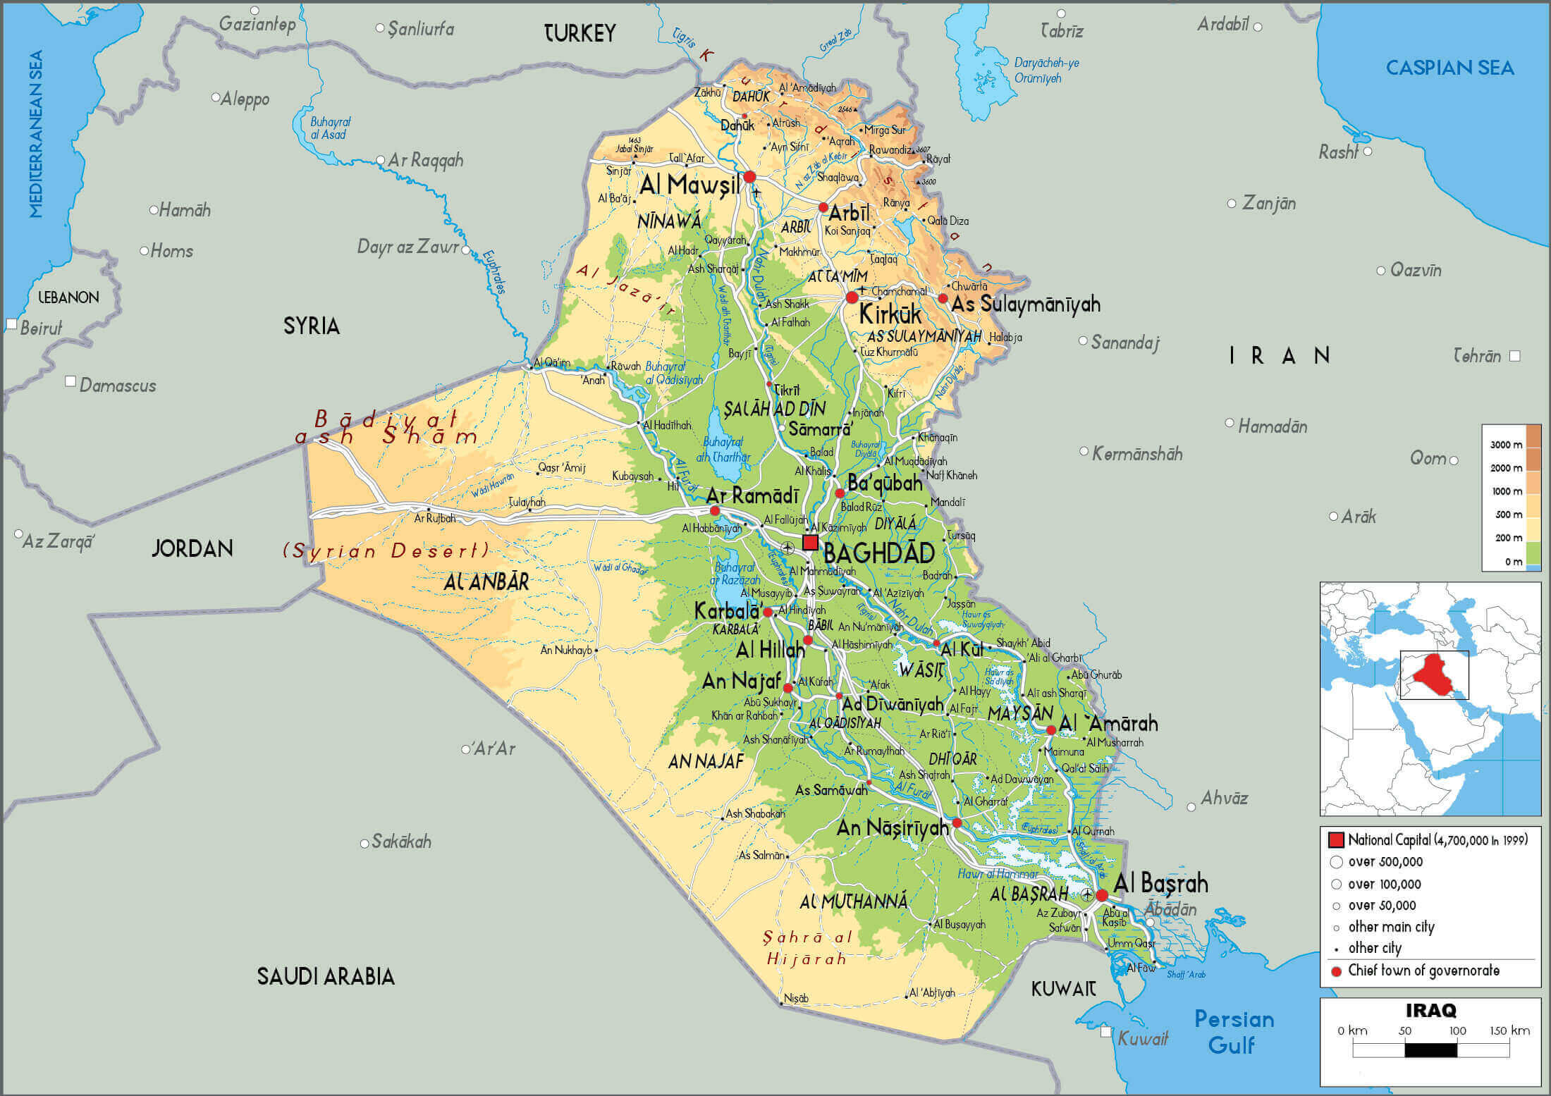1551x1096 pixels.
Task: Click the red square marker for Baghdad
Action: [x=810, y=542]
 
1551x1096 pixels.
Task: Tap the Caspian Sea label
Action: [x=1449, y=68]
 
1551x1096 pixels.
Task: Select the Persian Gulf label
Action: [x=1234, y=1031]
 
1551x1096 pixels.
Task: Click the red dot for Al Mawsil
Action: [x=749, y=176]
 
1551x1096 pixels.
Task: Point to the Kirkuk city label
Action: [x=890, y=314]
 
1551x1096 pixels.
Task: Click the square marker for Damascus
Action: [x=70, y=381]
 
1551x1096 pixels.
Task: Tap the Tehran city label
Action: [x=1477, y=356]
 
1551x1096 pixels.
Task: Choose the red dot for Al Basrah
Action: [x=1102, y=895]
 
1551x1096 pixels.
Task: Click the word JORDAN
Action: [x=192, y=548]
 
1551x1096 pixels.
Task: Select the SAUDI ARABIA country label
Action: [x=325, y=976]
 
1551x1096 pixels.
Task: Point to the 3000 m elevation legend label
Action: [x=1506, y=445]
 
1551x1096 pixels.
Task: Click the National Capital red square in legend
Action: [x=1335, y=839]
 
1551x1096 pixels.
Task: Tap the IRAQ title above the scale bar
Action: [x=1430, y=1010]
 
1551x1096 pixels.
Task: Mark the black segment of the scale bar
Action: [x=1430, y=1049]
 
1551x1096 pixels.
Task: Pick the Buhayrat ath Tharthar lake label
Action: [x=723, y=449]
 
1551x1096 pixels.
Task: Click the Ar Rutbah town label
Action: [x=434, y=518]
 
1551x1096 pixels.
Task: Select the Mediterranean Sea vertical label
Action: [x=36, y=134]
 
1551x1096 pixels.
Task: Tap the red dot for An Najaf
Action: [x=787, y=687]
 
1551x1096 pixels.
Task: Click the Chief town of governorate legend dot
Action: [x=1335, y=971]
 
